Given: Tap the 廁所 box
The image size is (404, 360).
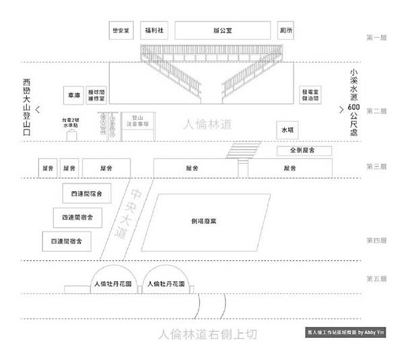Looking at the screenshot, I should (x=286, y=30).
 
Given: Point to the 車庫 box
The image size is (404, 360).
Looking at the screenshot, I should (x=73, y=95).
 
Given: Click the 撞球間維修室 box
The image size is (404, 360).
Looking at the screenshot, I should (x=96, y=95).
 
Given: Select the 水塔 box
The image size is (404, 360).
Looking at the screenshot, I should (x=288, y=129).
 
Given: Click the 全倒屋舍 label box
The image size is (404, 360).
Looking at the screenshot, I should (x=304, y=150).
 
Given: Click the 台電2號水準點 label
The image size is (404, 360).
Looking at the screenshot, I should (x=71, y=123).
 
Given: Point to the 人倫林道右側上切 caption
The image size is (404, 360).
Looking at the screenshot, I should (x=207, y=334).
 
